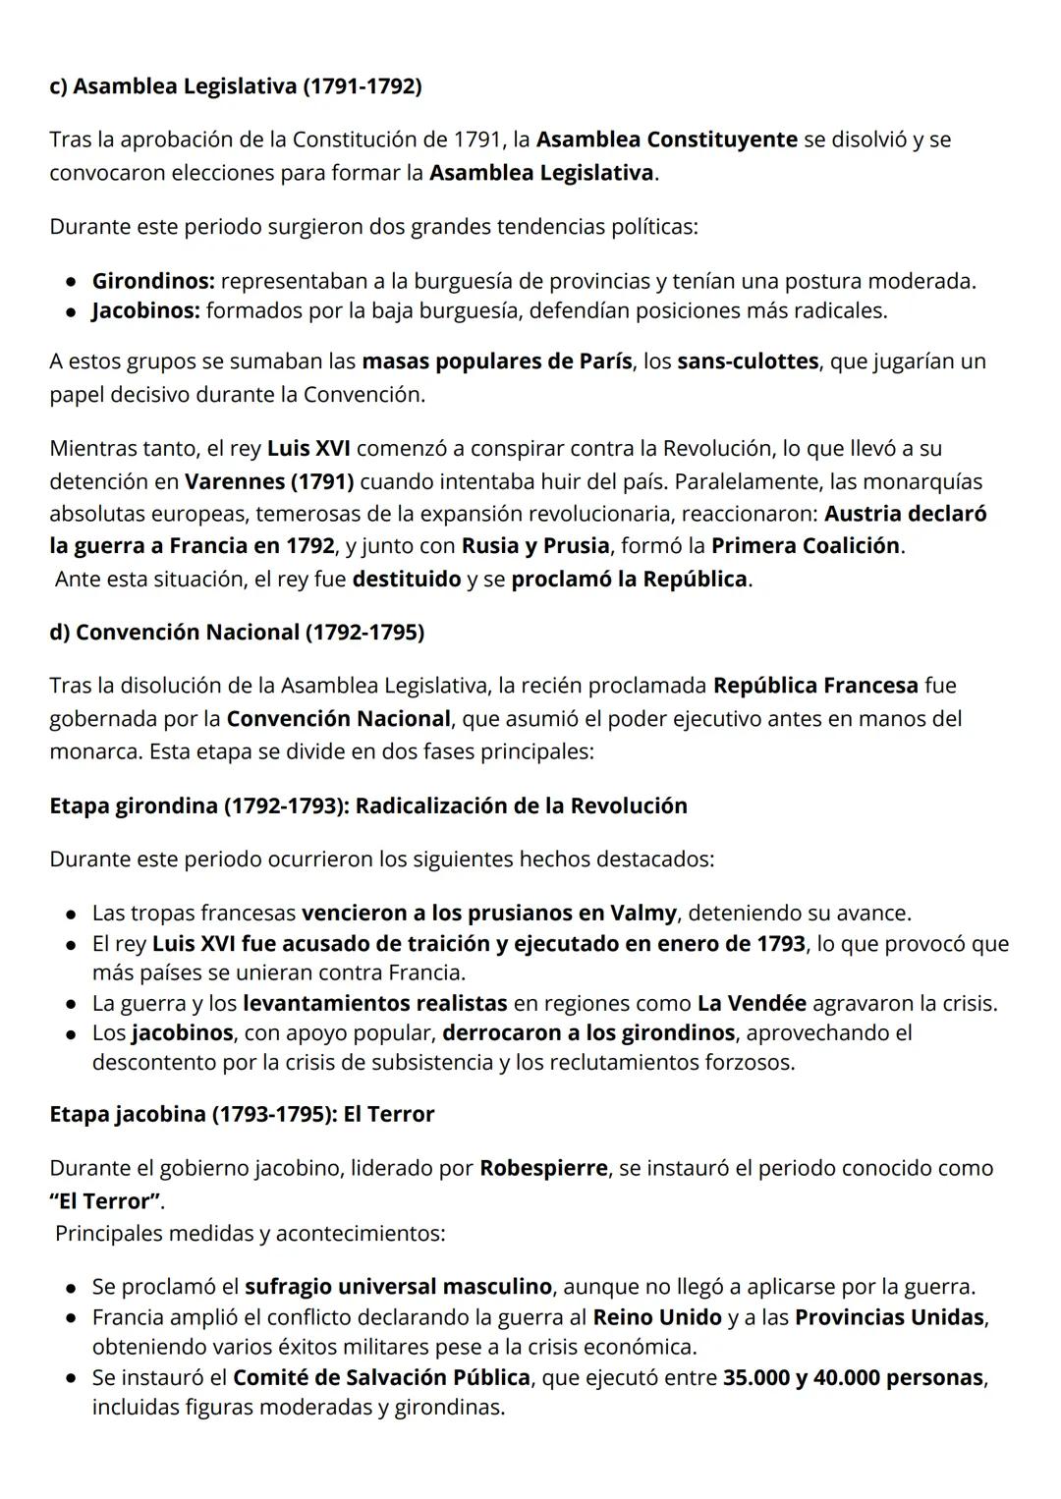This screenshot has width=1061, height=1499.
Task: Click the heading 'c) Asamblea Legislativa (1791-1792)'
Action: (236, 86)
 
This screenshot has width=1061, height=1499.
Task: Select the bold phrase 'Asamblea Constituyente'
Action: (666, 139)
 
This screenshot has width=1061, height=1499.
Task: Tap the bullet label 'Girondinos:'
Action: (153, 281)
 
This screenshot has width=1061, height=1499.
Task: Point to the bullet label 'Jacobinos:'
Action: (146, 311)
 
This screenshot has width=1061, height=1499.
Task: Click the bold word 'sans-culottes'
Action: (747, 361)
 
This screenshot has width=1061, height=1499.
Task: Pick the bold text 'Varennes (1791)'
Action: (269, 481)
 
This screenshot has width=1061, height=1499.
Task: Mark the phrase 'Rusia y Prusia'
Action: (535, 545)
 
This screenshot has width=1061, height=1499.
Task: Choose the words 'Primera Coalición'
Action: (805, 545)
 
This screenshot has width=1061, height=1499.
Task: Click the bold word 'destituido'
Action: (406, 579)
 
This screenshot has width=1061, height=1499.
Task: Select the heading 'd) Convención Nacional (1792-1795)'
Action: (237, 632)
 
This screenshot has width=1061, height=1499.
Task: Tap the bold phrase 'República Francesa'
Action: (815, 685)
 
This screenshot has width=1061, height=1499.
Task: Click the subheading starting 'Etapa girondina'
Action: (368, 805)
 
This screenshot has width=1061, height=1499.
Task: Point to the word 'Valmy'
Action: (642, 913)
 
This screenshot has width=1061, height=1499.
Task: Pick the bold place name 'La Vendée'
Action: (752, 1003)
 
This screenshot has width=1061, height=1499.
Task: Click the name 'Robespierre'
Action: (543, 1168)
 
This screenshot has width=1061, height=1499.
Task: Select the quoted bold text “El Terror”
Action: (104, 1201)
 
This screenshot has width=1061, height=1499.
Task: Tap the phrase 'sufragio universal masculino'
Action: (398, 1286)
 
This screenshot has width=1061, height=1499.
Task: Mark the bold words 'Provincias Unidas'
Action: (889, 1316)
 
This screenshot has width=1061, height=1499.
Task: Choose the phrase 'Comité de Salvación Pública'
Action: (381, 1377)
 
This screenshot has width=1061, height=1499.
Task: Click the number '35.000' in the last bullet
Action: (756, 1377)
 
